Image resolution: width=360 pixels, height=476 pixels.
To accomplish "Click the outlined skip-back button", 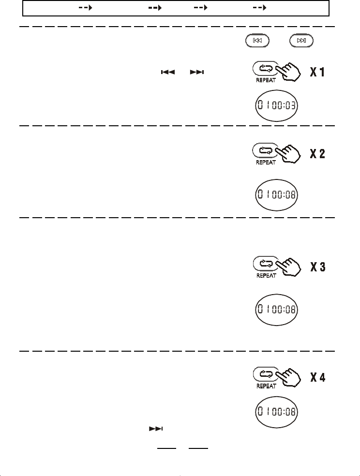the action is click(x=257, y=41).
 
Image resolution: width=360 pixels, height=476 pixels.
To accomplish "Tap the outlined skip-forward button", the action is click(x=301, y=41).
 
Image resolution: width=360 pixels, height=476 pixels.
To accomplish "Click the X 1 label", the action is click(x=317, y=73).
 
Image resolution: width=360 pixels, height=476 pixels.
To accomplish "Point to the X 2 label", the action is click(x=317, y=154).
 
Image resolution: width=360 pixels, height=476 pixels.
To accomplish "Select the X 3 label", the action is click(x=317, y=267).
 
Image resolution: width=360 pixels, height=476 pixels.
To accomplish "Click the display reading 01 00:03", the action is click(x=277, y=105).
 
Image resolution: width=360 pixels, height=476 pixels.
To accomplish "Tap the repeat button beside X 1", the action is click(x=264, y=68).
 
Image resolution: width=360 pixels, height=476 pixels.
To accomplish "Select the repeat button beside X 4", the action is click(x=264, y=373).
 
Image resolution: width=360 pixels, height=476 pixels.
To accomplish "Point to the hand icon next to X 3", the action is click(x=289, y=268).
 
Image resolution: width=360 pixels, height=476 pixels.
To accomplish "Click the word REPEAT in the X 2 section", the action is click(x=266, y=163).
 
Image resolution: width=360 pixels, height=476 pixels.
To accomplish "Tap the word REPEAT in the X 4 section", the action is click(x=266, y=386).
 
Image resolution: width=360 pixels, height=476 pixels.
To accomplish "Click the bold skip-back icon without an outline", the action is click(x=167, y=72).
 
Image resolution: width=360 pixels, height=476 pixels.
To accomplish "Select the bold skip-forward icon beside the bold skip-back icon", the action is click(x=197, y=72).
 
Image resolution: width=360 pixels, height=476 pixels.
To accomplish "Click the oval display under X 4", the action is click(x=277, y=412).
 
